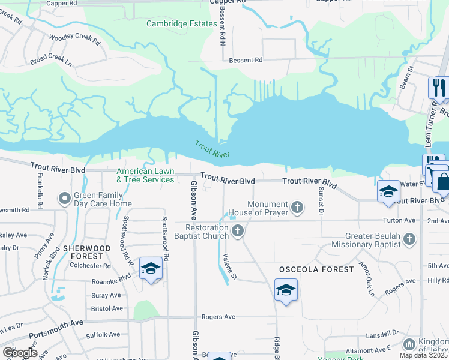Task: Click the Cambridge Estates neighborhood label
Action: coord(181,24)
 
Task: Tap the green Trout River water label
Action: coord(212,149)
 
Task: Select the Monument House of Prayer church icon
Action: coord(297,208)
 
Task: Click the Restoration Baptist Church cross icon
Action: coord(238,231)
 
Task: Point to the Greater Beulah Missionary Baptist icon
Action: coord(409,240)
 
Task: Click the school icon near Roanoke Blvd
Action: coord(150,268)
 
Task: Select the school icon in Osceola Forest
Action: coord(286,290)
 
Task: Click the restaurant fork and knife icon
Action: coord(439,88)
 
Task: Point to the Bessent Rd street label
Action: coord(246,60)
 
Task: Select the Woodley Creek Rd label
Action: coord(74,38)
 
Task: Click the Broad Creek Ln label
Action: coord(51,62)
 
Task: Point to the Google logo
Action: coord(19,353)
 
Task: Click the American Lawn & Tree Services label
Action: coord(145,175)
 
